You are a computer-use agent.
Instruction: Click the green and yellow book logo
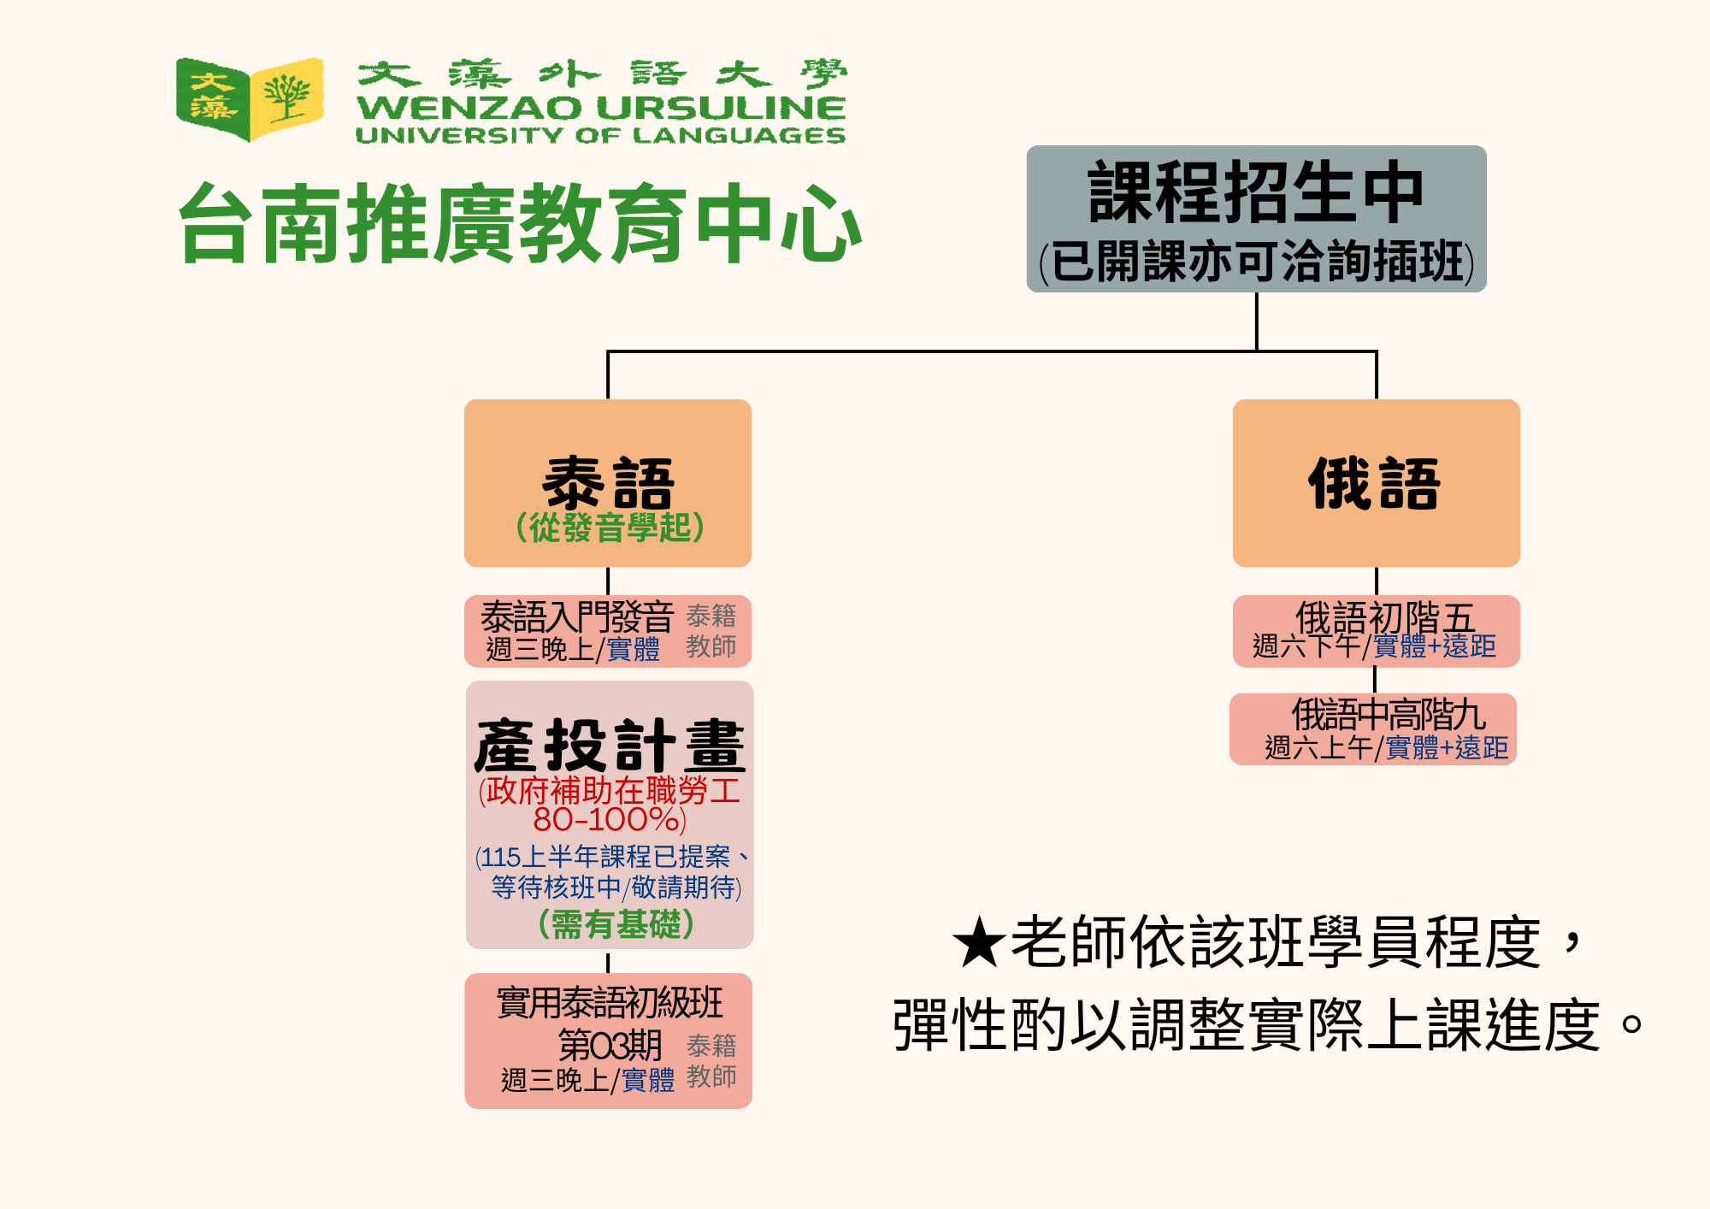tap(250, 99)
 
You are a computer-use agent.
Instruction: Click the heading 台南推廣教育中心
tap(520, 223)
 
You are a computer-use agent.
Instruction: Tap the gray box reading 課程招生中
tap(1256, 219)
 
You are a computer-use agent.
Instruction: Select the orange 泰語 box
tap(608, 483)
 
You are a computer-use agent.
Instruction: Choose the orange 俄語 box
tap(1377, 483)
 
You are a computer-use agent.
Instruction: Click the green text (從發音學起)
tap(610, 527)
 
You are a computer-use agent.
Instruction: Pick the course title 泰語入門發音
tap(577, 616)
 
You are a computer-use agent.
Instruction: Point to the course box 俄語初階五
tap(1377, 631)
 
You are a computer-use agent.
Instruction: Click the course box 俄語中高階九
tap(1373, 728)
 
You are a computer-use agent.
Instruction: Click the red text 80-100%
tap(609, 819)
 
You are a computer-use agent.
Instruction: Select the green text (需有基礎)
tap(616, 924)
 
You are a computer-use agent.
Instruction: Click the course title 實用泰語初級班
tap(610, 1003)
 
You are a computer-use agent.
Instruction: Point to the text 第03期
tap(610, 1044)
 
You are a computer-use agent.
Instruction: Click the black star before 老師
tap(978, 942)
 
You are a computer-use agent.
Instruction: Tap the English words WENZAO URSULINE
tap(601, 109)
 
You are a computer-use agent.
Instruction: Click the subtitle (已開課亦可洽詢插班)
tap(1257, 261)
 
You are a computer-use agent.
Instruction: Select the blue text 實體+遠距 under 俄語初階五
tap(1435, 646)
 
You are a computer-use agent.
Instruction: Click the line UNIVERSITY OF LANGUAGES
tap(600, 135)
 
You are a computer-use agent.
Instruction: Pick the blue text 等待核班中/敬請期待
tap(616, 888)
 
